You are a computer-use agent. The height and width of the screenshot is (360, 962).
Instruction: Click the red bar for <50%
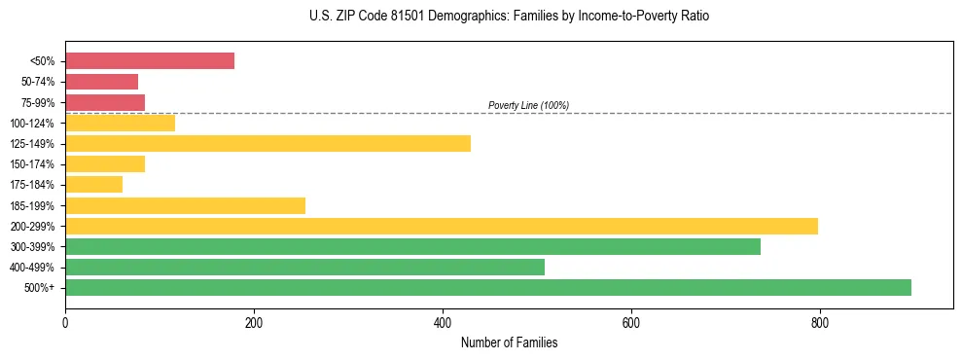click(x=150, y=60)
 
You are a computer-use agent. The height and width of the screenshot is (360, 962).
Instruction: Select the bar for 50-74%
click(x=102, y=82)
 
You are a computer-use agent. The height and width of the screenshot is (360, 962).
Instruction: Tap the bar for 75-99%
click(x=105, y=102)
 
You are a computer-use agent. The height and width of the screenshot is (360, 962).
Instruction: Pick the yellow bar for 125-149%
click(x=267, y=143)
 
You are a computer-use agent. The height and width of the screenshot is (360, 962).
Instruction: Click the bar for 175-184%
click(x=94, y=185)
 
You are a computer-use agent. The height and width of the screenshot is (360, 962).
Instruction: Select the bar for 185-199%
click(x=185, y=205)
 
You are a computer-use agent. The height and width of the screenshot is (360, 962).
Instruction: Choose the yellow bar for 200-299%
click(x=442, y=226)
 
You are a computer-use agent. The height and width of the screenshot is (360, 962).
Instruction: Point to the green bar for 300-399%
click(x=412, y=246)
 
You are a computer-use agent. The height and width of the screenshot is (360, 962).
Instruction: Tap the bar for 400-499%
click(x=304, y=267)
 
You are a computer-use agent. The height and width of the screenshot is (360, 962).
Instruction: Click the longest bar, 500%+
click(x=488, y=287)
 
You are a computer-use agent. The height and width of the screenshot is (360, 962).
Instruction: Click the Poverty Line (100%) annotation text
click(x=528, y=105)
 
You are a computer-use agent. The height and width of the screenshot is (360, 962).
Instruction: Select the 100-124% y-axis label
click(x=33, y=124)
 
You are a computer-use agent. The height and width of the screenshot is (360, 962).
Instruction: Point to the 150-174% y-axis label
click(x=33, y=164)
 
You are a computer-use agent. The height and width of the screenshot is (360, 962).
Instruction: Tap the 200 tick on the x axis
click(x=254, y=322)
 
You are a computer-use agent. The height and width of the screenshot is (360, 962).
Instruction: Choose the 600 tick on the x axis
click(x=630, y=322)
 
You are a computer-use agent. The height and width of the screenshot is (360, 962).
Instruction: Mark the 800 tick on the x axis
click(x=819, y=322)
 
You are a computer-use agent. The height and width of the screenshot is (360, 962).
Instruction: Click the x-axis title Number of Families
click(x=509, y=342)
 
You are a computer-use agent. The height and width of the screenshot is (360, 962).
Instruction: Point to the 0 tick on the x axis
click(x=65, y=322)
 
